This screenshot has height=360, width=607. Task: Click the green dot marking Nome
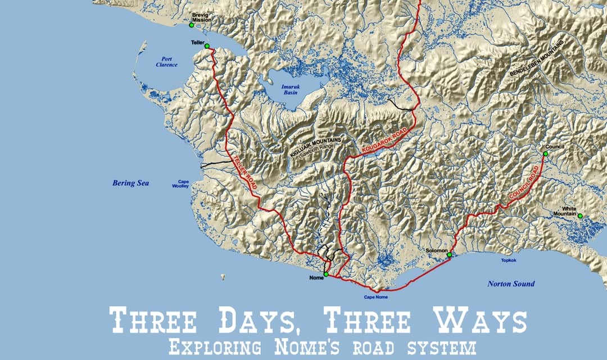point(326,274)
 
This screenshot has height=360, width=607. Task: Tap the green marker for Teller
point(207,46)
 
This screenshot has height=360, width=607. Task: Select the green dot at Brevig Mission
point(191,25)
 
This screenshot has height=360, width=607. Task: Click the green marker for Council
point(545,153)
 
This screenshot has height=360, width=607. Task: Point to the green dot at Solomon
point(449,255)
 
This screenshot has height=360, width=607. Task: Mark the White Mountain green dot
point(580,216)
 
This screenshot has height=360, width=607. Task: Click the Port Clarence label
point(166,62)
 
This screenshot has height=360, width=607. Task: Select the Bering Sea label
point(130,183)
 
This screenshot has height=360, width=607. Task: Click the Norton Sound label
point(511,284)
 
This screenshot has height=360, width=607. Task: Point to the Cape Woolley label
point(183,184)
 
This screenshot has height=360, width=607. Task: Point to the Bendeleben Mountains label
point(536,59)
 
